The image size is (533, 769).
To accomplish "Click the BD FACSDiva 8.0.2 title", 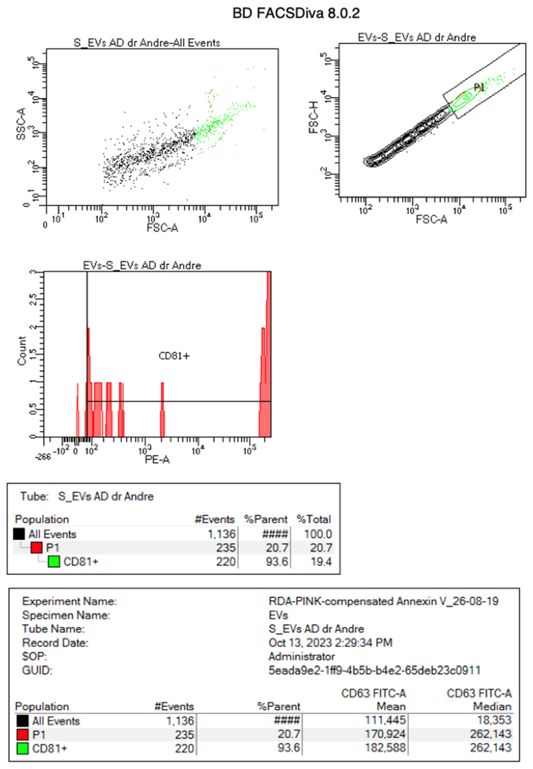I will [x=296, y=13].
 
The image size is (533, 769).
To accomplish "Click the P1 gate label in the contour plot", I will [x=480, y=87].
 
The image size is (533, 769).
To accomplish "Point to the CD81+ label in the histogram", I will [x=174, y=356].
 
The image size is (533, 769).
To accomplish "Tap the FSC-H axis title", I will [x=314, y=117].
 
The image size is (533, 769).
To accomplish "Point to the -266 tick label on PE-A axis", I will [x=43, y=457].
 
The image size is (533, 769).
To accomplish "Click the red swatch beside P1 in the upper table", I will [x=37, y=548].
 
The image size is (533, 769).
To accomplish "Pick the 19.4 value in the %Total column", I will [x=321, y=562].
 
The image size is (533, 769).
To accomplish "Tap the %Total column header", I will [x=314, y=519].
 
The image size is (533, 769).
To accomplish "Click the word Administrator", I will [x=301, y=657].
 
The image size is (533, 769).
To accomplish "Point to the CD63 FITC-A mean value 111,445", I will [x=385, y=720].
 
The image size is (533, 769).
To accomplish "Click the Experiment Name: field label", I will [x=69, y=601].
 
